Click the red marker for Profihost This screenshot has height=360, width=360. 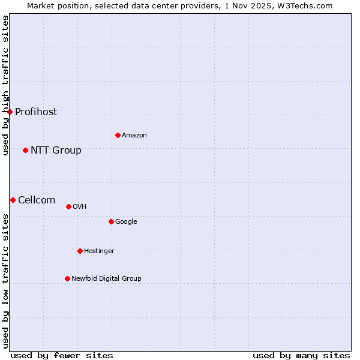coord(10,112)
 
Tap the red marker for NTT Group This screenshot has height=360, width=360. coord(25,150)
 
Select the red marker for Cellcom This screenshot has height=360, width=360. coord(13,200)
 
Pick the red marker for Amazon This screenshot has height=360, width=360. coord(118,135)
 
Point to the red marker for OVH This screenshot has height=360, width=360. coord(68,206)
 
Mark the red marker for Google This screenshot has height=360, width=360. coord(111,221)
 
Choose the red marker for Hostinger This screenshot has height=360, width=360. coord(80,251)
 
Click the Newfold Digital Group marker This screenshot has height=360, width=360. coord(67,278)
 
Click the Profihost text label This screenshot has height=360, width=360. coord(36,112)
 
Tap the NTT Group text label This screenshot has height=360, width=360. coord(56,151)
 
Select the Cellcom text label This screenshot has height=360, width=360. coord(37,200)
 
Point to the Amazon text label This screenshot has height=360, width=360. coord(134,136)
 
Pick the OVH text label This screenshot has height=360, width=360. coord(80,207)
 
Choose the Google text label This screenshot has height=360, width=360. coord(126,222)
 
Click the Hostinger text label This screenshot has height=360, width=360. coord(99,251)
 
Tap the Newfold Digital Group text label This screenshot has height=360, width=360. coord(106,279)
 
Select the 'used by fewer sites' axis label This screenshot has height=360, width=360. coord(62,356)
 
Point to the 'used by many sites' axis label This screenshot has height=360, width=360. coord(301,356)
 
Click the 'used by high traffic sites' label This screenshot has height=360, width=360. coord(5,85)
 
